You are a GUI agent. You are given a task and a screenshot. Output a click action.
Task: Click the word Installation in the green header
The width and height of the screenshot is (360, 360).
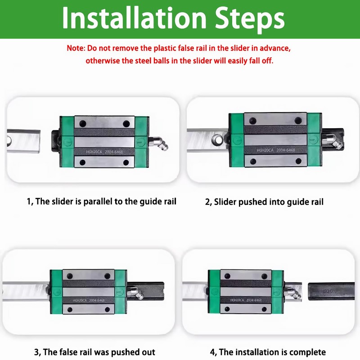[x=135, y=18]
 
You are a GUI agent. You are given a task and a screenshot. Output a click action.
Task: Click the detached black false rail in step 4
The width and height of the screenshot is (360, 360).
[x=331, y=291]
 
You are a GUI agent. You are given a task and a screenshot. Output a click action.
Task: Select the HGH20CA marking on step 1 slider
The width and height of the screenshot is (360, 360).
[x=94, y=152]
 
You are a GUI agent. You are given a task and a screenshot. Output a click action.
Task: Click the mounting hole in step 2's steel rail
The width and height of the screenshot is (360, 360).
[x=217, y=139]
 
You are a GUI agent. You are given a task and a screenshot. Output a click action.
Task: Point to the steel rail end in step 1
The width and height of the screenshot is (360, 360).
[x=23, y=140]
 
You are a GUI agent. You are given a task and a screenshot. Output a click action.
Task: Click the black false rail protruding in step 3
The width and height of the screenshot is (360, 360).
[x=145, y=291]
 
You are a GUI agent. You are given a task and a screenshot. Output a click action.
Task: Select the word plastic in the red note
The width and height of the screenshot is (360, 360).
[x=162, y=49]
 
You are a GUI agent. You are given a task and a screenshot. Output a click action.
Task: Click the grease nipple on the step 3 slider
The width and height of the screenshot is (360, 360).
[x=135, y=293]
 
